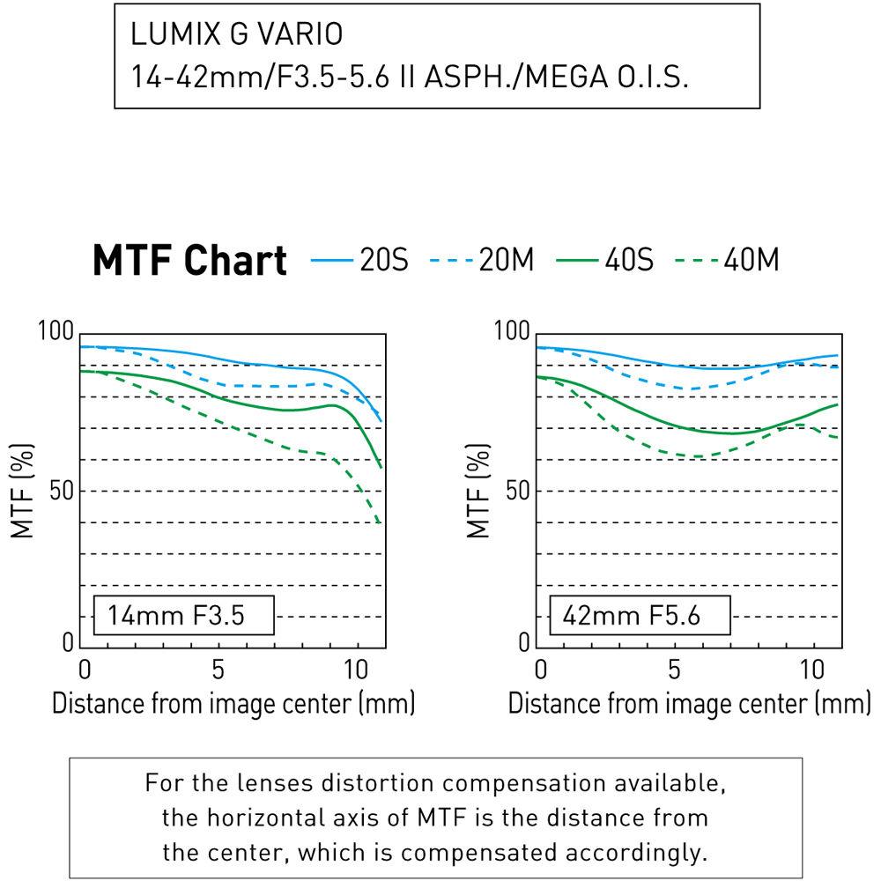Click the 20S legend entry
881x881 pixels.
[360, 260]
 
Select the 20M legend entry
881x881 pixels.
[481, 260]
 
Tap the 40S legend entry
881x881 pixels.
[603, 260]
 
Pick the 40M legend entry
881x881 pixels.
[727, 260]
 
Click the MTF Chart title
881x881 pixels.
[189, 261]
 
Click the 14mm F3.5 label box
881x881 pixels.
[184, 615]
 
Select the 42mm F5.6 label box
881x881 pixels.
[640, 615]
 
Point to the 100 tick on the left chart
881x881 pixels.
[56, 333]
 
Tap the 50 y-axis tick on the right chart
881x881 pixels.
[512, 491]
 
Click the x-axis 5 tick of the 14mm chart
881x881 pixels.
[218, 669]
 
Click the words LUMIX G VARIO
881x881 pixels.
[236, 35]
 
